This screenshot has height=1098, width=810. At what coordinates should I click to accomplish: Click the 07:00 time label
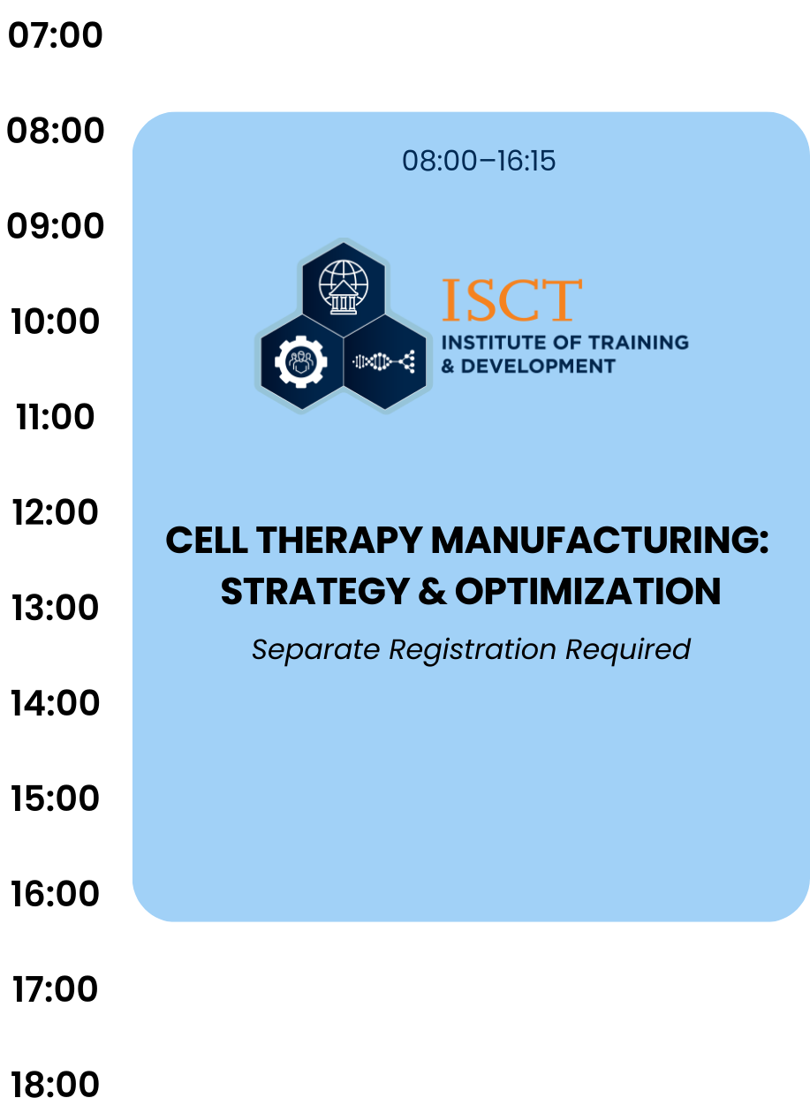point(55,35)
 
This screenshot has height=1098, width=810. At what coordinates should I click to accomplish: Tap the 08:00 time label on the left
point(55,131)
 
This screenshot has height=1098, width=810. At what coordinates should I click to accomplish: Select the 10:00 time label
point(55,322)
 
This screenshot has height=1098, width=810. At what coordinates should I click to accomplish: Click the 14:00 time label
point(55,702)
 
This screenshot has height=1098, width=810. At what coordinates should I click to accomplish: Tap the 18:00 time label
point(55,1084)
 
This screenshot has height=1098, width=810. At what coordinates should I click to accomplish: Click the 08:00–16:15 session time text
point(479,161)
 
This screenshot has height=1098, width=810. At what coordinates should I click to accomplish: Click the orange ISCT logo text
point(512,300)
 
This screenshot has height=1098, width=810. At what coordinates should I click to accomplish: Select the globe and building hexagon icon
point(344,289)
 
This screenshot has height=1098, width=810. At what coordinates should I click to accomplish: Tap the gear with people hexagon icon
point(301,362)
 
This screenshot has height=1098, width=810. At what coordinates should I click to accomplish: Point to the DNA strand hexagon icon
point(385,362)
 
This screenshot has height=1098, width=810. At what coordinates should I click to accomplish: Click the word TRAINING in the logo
point(639,343)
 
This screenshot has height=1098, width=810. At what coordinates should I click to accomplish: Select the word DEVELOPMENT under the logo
point(538,367)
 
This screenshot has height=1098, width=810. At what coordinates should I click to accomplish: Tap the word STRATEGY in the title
point(314,592)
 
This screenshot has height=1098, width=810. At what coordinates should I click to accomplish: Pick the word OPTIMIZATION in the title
point(587,592)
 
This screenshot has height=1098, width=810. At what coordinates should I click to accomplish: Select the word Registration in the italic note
point(473,650)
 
